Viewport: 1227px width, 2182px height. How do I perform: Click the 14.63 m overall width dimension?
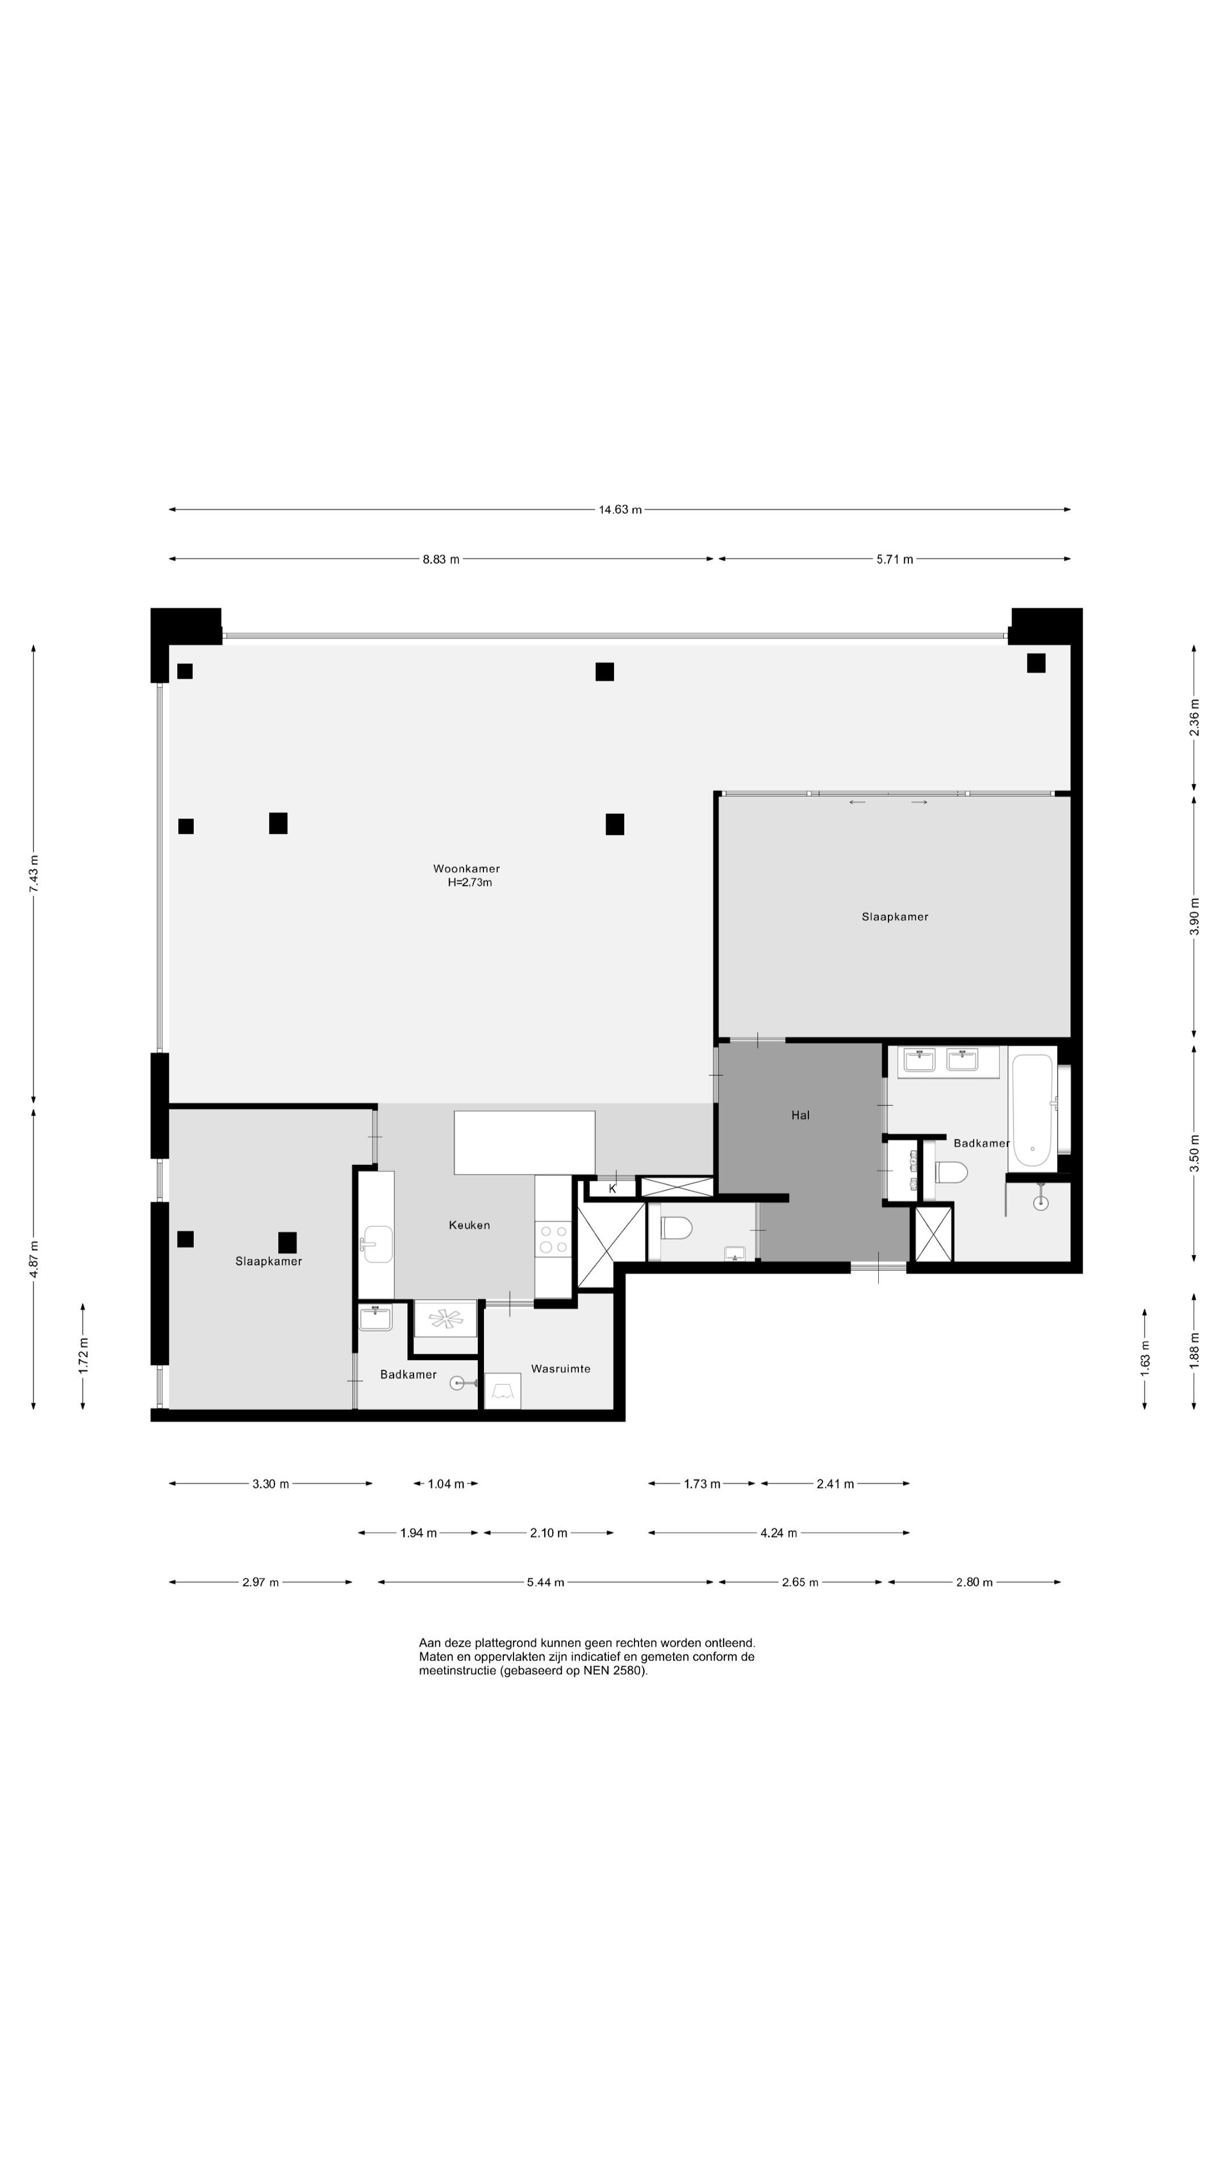click(620, 510)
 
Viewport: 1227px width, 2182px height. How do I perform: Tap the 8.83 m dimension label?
click(441, 559)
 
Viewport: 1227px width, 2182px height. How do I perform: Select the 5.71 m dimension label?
click(895, 559)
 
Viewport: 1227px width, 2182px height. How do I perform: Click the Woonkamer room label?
click(466, 868)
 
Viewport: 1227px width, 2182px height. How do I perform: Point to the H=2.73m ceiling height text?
click(470, 882)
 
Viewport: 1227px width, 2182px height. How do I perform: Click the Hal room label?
click(800, 1115)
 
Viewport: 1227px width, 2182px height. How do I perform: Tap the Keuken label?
click(469, 1225)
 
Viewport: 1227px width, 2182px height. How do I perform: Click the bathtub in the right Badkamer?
click(1032, 1110)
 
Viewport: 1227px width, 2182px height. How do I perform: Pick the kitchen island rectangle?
click(524, 1143)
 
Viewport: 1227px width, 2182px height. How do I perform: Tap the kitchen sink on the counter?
click(378, 1244)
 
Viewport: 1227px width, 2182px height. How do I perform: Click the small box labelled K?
click(612, 1188)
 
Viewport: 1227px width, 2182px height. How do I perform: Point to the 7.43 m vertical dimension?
click(34, 872)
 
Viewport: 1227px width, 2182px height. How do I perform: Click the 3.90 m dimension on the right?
click(1195, 915)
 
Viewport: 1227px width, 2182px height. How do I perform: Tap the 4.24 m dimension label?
click(778, 1533)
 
